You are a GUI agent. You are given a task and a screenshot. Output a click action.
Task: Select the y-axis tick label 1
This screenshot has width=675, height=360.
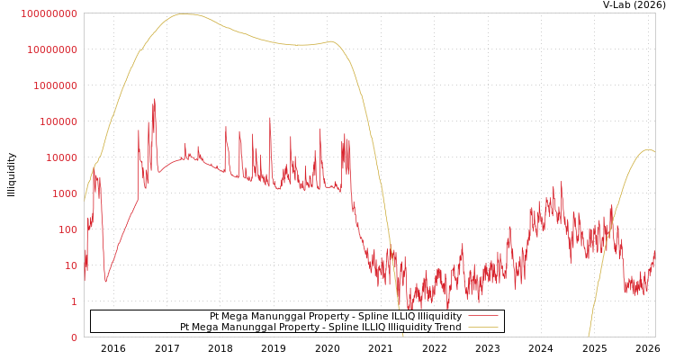coord(75,301)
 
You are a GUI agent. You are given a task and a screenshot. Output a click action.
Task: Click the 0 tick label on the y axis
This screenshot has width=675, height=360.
coord(75,337)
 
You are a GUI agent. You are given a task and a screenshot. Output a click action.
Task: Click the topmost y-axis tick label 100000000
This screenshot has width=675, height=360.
coord(49,13)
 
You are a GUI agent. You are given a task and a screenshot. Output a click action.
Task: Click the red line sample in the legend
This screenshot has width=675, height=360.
coord(482,316)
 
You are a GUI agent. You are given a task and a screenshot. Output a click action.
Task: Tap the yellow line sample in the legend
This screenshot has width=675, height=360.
coord(482,327)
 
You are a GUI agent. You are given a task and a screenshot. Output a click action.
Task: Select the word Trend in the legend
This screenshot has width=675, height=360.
coord(446,327)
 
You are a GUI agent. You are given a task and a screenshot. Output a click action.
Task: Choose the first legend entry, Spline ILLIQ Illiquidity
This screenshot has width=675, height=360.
coord(335,316)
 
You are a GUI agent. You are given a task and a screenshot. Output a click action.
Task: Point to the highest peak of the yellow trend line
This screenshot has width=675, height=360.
coord(184,13)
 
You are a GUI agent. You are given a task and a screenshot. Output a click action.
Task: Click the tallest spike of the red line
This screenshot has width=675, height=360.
coord(155,100)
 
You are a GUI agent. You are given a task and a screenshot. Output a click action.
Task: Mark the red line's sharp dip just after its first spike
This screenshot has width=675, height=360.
coord(105,282)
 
